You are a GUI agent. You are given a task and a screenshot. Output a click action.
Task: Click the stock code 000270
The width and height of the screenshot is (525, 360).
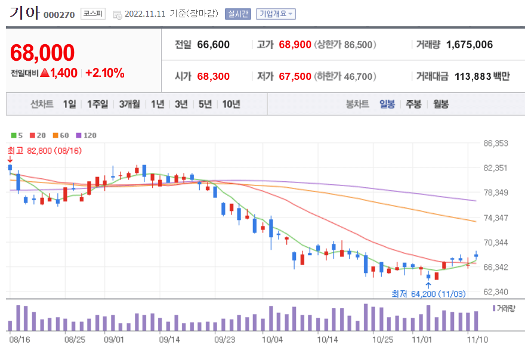tap(59, 14)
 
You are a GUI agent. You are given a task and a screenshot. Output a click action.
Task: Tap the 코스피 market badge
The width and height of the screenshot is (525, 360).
tap(92, 14)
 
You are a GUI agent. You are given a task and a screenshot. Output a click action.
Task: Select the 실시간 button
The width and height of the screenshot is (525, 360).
tap(238, 14)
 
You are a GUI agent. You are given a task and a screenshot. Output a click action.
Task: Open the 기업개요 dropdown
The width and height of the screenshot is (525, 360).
tap(276, 14)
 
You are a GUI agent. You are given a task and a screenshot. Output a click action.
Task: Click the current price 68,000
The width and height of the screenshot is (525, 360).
tap(42, 52)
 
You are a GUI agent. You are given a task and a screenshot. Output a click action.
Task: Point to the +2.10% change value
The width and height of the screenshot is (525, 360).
tap(105, 73)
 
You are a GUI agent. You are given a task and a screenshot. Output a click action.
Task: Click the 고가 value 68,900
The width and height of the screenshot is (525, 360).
tap(295, 45)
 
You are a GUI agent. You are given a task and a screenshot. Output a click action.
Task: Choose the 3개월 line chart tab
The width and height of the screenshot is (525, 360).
tap(129, 104)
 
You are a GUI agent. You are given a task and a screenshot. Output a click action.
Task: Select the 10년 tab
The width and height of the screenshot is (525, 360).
tap(231, 104)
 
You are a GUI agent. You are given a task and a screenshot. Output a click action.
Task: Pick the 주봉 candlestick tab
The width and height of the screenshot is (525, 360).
tap(413, 104)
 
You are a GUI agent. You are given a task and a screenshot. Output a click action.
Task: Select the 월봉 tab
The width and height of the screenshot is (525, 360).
tap(441, 104)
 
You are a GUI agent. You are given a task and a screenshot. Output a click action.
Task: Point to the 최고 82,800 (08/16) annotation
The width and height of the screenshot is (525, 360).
tap(44, 151)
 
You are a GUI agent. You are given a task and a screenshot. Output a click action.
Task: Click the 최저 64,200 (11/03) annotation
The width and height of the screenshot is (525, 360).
tap(428, 293)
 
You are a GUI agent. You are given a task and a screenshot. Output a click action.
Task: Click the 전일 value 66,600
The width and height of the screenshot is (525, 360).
tap(213, 45)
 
